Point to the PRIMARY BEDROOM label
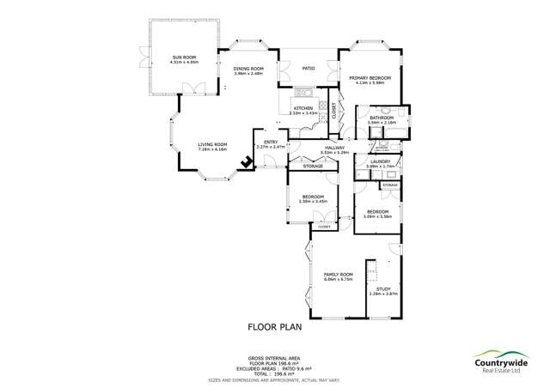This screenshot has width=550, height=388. tap(370, 78)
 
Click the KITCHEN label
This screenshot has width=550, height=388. tap(304, 108)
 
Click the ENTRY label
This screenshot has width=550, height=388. tap(270, 142)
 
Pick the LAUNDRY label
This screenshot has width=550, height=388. tap(381, 161)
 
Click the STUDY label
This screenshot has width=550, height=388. tap(383, 289)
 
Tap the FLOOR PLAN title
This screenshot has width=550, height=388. tap(274, 327)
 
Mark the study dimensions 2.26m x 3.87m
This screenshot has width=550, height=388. tap(383, 294)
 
